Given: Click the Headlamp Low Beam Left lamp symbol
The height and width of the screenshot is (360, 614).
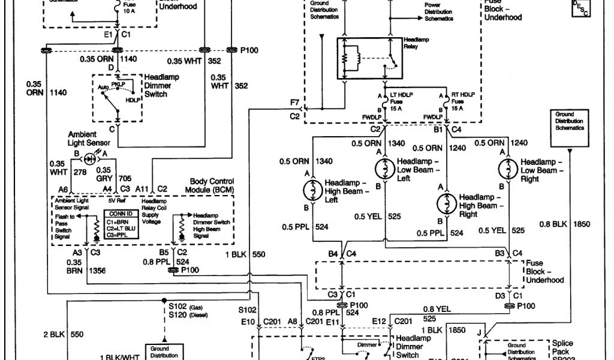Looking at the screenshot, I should pos(384,169).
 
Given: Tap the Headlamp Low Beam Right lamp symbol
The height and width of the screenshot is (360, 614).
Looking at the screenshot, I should pos(508,169).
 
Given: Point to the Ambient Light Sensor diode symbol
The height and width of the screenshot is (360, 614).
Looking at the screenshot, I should pos(91,160).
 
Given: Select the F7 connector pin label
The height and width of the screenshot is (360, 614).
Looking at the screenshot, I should pos(294,104).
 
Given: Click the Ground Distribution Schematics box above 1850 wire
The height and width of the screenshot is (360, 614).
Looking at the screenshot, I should pos(568,122).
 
